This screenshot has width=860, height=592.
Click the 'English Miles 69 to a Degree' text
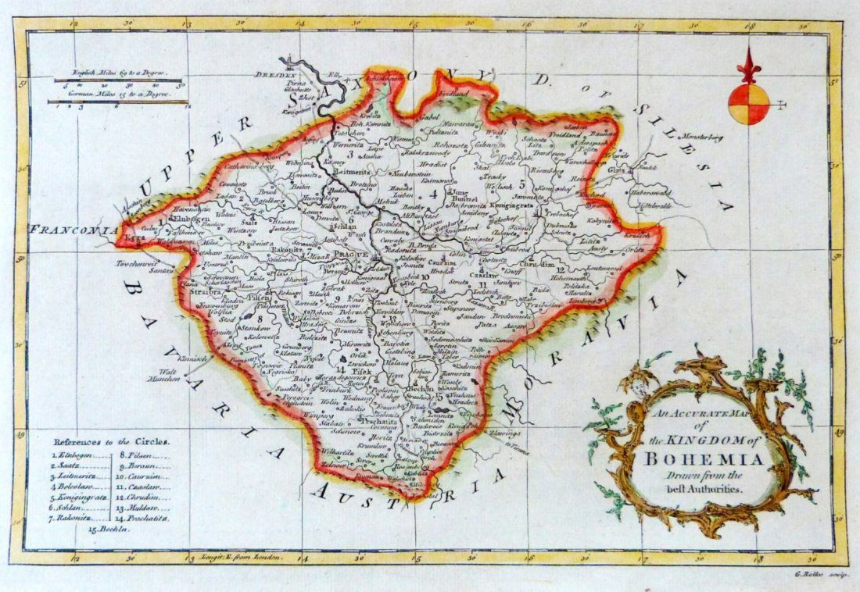[x=117, y=72]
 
